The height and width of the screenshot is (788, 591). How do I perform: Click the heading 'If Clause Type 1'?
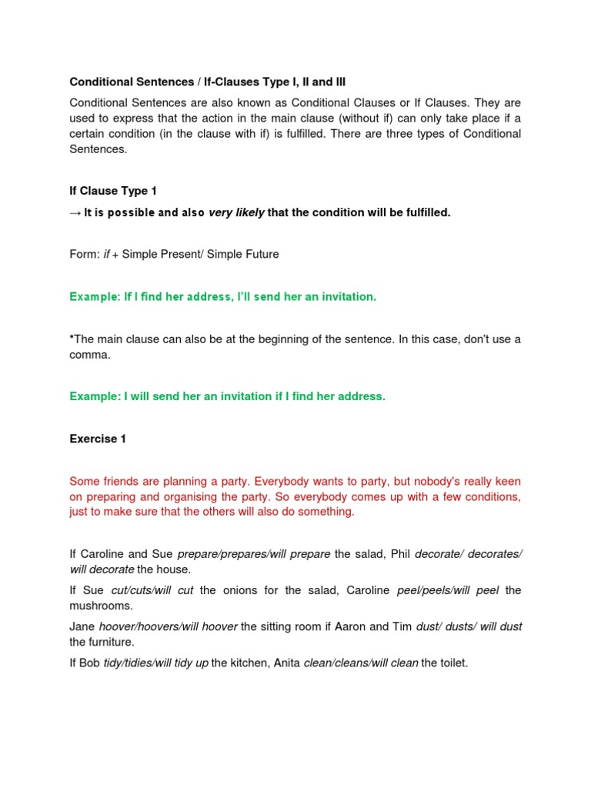108,191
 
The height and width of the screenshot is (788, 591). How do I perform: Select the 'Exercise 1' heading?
98,439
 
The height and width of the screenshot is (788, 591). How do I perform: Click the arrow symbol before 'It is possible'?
75,212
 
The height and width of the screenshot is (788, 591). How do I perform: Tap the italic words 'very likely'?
236,212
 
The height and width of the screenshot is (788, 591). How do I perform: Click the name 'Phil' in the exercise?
400,554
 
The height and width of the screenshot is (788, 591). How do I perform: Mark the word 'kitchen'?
252,663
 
